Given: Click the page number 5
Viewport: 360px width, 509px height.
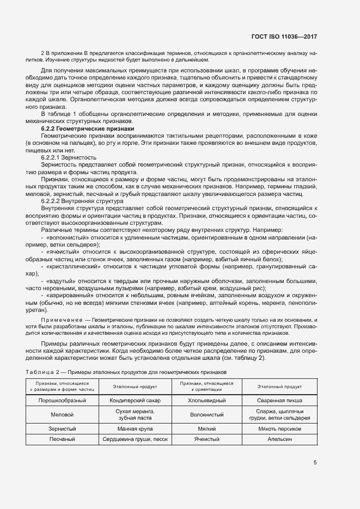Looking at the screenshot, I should click(x=315, y=463).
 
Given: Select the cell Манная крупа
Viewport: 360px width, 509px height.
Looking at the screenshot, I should click(x=135, y=429).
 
